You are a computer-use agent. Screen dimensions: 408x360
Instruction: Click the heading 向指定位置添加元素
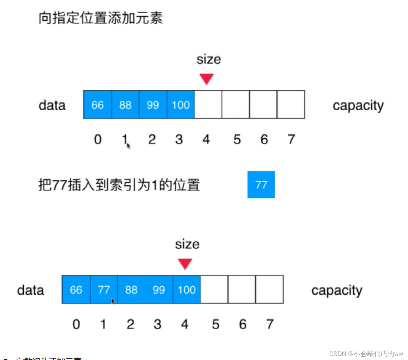100,18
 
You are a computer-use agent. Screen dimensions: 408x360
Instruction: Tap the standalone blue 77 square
261,185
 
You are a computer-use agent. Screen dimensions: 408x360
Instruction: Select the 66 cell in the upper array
97,105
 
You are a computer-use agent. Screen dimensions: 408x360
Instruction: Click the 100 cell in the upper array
181,105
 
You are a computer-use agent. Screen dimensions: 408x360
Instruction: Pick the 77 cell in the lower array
104,290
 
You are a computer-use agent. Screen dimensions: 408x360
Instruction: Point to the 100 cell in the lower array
187,290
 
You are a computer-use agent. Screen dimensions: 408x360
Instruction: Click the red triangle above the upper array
207,79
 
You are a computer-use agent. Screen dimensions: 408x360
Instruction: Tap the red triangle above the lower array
185,264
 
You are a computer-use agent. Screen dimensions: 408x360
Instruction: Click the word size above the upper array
209,60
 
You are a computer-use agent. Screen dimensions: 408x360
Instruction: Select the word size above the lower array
187,244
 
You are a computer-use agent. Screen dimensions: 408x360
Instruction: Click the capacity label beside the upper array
358,106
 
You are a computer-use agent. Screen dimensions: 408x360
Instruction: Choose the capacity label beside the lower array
337,290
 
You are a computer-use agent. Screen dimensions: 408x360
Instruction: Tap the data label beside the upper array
52,105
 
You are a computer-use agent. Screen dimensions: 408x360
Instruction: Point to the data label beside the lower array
30,290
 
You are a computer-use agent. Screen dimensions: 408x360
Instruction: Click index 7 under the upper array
291,139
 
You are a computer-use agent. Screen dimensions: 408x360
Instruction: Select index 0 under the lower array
76,324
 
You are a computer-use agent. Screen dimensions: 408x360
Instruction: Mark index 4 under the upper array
206,139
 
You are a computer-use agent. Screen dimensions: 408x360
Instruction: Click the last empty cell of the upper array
291,105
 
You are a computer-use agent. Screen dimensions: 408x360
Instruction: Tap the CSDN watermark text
366,354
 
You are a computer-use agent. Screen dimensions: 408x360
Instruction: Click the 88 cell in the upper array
125,105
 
